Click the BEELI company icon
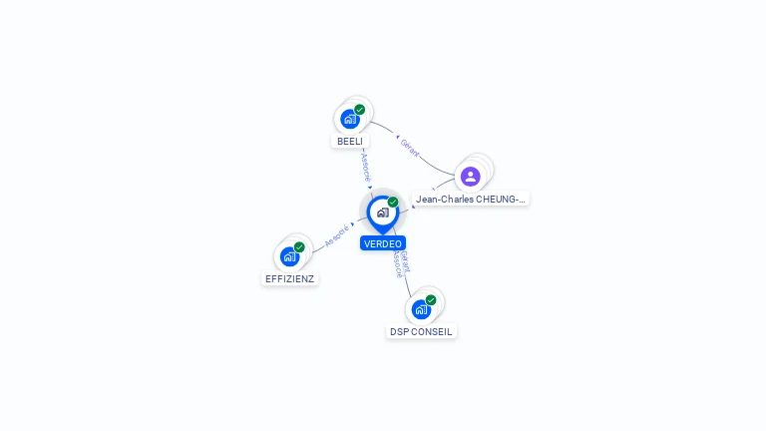pos(349,119)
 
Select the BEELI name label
pos(349,142)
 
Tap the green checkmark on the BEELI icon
pos(360,110)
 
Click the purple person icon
pos(471,177)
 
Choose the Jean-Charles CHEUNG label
pos(471,200)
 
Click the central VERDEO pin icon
pos(382,213)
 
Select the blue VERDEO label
pos(383,243)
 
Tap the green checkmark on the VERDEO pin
pos(393,202)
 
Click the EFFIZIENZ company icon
pos(289,256)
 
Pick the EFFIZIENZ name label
pos(290,279)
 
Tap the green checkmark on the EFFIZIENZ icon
pos(299,247)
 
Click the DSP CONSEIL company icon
pos(421,309)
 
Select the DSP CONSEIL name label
pos(422,331)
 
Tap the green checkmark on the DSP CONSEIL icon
pos(431,300)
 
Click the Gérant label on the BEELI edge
pos(409,148)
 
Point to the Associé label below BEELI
pos(365,166)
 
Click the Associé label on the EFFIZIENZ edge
pos(337,235)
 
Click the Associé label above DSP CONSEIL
pos(397,263)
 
